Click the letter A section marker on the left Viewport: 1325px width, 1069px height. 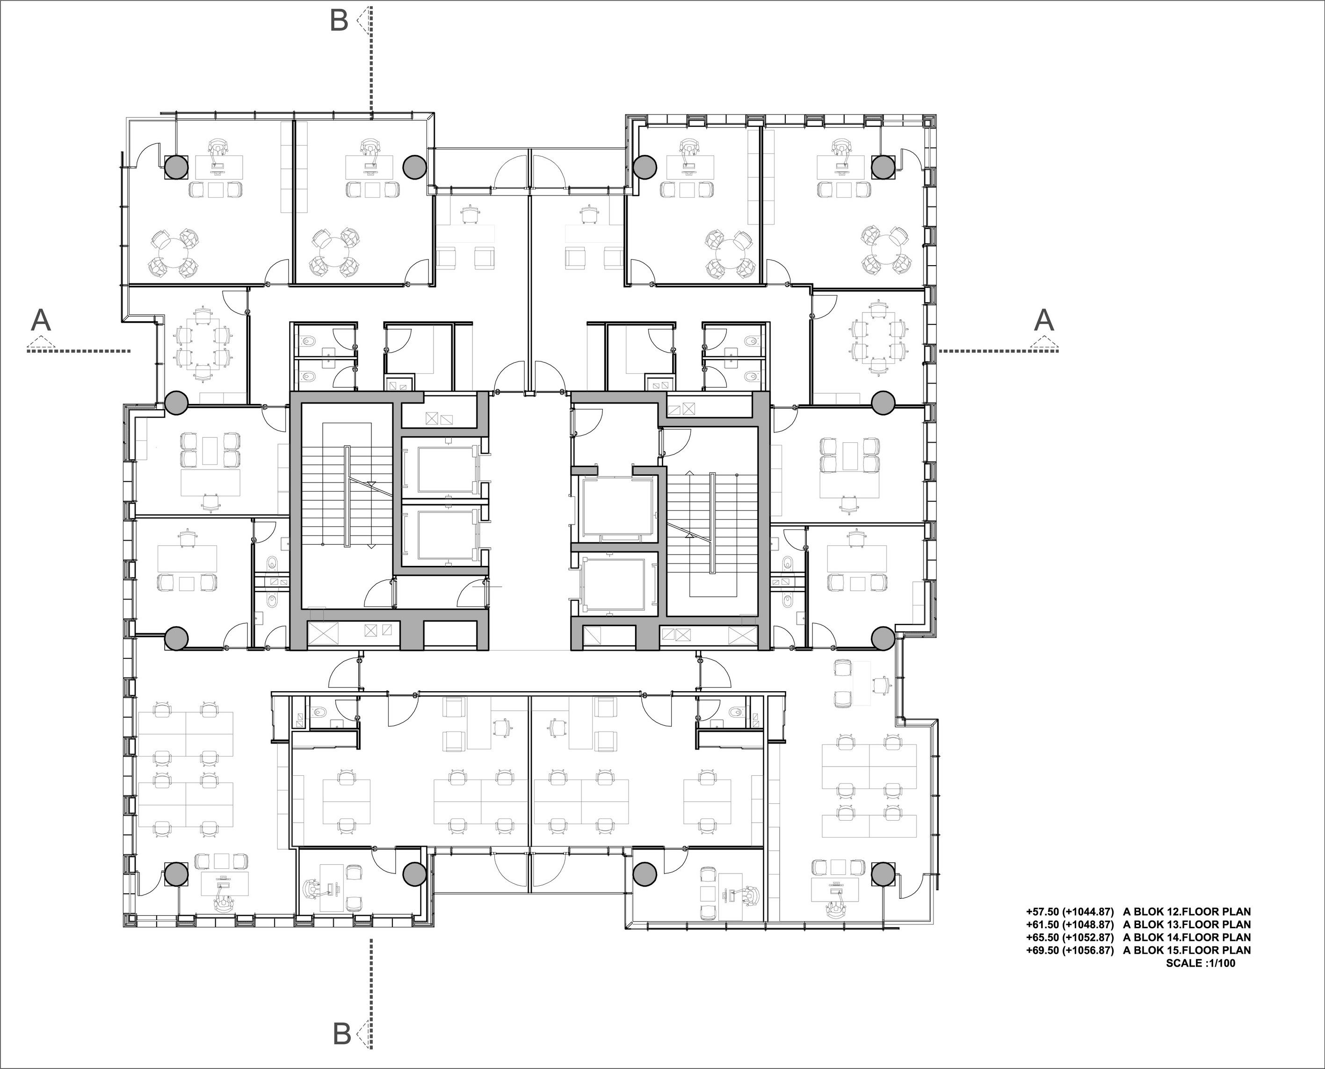pyautogui.click(x=41, y=321)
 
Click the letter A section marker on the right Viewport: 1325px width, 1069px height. pyautogui.click(x=1043, y=320)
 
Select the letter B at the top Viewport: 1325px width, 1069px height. pyautogui.click(x=339, y=20)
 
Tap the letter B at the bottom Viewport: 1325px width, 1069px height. pyautogui.click(x=342, y=1034)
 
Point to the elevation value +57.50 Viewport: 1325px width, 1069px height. pyautogui.click(x=1042, y=911)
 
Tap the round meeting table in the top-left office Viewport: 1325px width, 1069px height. pyautogui.click(x=173, y=253)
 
